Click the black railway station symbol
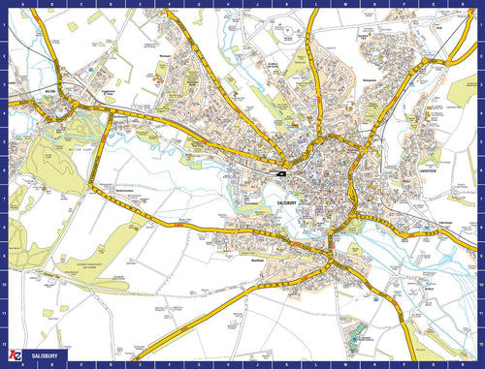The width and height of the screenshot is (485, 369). (x=280, y=172)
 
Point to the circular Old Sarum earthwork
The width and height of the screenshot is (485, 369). (x=289, y=32)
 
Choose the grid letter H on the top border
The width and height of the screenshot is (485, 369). (x=226, y=4)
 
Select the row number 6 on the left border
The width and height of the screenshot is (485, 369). (x=4, y=177)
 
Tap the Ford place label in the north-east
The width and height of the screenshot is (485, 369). (x=438, y=28)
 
